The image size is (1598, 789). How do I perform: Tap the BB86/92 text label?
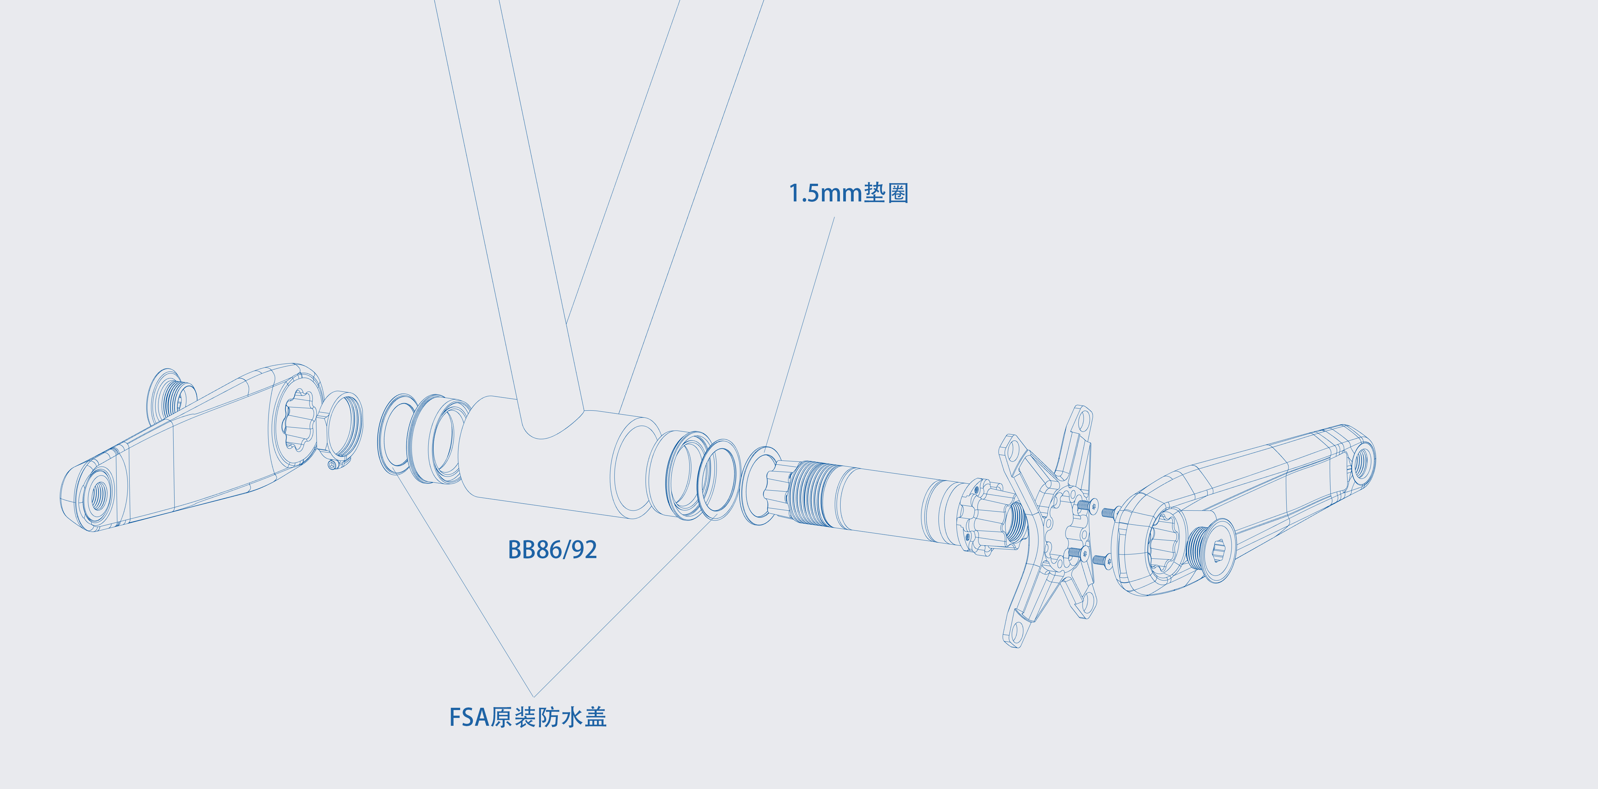pyautogui.click(x=552, y=550)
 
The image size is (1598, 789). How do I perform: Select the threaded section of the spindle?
pyautogui.click(x=809, y=493)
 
